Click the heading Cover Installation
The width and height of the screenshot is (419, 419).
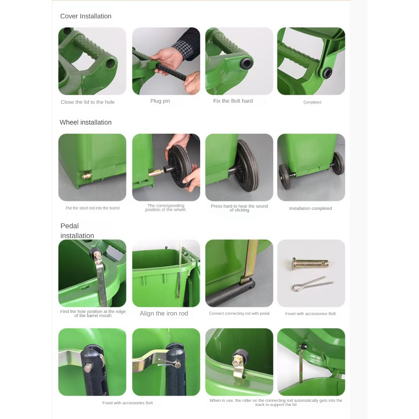point(86,16)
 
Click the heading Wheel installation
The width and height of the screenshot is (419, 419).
point(86,122)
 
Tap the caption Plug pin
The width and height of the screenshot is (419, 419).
point(160,101)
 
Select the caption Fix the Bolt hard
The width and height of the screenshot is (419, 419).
point(233,101)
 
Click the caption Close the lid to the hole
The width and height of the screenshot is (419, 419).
point(88,102)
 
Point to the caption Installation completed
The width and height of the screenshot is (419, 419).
point(311,208)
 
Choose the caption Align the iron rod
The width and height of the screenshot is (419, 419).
point(164,313)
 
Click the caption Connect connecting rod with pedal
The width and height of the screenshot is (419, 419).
point(239,313)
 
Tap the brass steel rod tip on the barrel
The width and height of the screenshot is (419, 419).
point(87,176)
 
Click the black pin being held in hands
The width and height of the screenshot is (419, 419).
point(171,72)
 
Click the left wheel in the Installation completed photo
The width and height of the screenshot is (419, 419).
point(284,176)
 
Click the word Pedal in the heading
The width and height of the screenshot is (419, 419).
point(70,226)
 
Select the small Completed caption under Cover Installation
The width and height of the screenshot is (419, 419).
point(312,102)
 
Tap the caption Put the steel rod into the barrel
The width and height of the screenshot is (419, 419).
point(93,208)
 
